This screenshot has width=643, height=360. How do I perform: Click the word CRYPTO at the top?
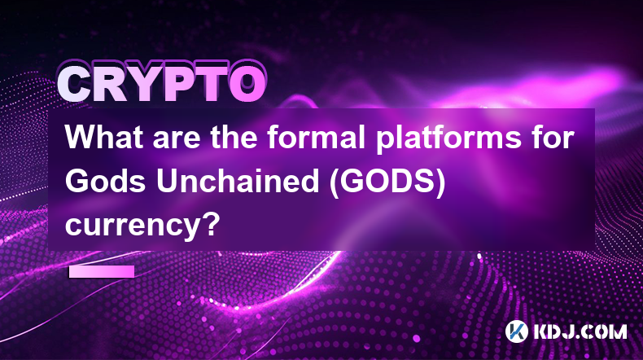[x=162, y=84]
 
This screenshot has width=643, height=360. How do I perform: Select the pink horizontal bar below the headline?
[x=102, y=272]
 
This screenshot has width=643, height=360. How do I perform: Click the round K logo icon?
[x=516, y=331]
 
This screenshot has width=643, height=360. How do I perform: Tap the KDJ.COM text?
[x=580, y=331]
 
